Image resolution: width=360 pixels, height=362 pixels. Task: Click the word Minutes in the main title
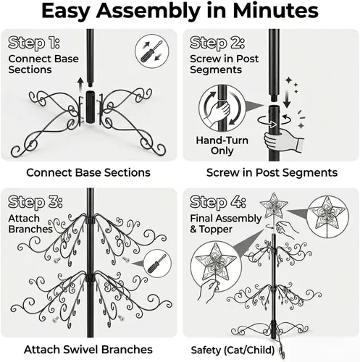(275, 10)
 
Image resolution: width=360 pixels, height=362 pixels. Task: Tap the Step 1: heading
(34, 43)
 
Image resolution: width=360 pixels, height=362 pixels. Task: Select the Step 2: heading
(217, 43)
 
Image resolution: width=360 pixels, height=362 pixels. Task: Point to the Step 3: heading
(35, 202)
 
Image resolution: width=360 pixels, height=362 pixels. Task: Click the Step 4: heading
(218, 202)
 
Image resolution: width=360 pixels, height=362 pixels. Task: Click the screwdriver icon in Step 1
(152, 51)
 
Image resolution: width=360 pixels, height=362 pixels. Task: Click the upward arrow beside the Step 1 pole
(81, 85)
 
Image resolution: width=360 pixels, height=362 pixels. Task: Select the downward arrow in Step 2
(287, 98)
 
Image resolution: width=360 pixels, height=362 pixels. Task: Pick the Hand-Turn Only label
(222, 146)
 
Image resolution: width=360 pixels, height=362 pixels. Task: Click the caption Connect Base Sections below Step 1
(88, 173)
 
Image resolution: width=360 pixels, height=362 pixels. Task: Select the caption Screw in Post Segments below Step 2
(272, 173)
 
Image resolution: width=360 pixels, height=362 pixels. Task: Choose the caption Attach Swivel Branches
(88, 350)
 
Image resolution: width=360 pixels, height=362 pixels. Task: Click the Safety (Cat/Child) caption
(233, 350)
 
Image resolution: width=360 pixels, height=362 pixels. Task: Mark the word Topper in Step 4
(216, 230)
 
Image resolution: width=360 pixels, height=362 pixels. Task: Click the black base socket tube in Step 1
(90, 107)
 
